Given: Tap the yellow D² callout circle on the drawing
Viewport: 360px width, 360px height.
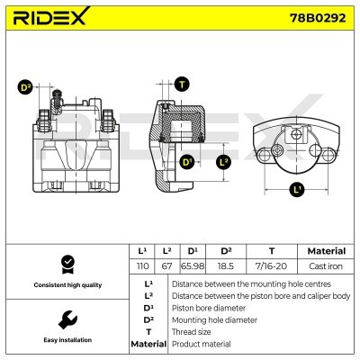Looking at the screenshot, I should (24, 87).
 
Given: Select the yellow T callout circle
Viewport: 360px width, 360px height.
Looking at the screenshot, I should (183, 85).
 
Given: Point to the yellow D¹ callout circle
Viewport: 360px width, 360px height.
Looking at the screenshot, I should (187, 162).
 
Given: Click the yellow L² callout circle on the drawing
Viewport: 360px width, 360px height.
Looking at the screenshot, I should (224, 162).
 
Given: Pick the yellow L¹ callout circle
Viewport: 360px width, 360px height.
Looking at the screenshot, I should (296, 190).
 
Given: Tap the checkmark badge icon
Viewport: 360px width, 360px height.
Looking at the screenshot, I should (65, 263).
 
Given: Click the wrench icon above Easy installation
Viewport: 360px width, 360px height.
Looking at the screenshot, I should (65, 319).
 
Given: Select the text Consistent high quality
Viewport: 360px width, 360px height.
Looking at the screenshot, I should (65, 285).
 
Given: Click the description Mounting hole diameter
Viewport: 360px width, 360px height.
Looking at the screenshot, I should (218, 319).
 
